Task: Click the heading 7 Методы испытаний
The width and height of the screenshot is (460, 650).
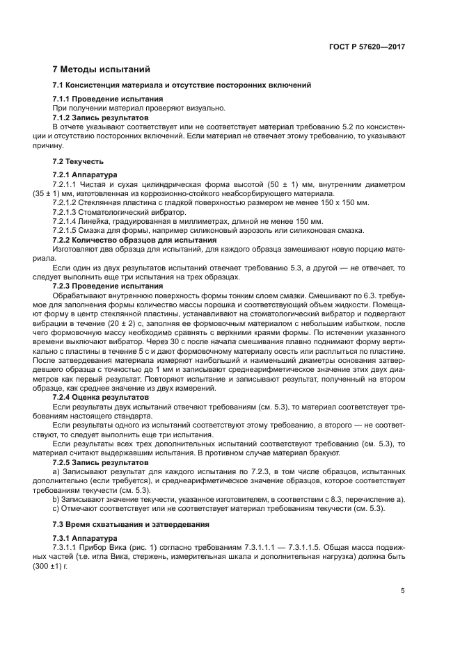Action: (x=100, y=70)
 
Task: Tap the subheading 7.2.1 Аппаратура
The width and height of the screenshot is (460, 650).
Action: (x=85, y=174)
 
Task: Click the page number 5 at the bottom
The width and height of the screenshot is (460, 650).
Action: (x=403, y=591)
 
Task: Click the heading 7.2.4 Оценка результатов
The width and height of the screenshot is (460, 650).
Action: (x=102, y=398)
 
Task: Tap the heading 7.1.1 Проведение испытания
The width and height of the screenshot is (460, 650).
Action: (x=108, y=99)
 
